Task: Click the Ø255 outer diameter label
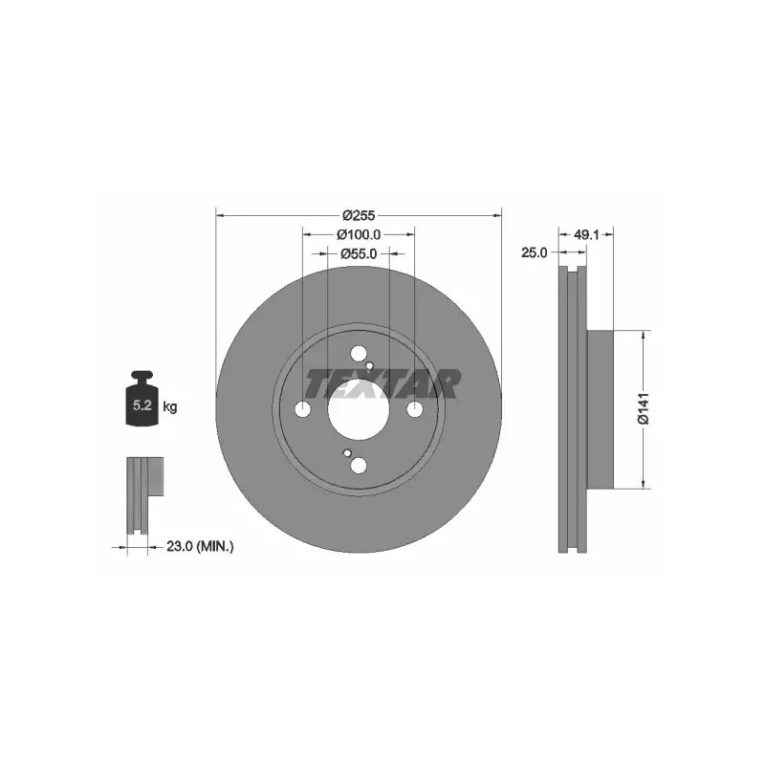pyautogui.click(x=359, y=215)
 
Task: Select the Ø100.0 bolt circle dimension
pyautogui.click(x=359, y=234)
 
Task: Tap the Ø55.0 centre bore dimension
pyautogui.click(x=359, y=253)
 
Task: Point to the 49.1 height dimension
pyautogui.click(x=586, y=234)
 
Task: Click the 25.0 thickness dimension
pyautogui.click(x=535, y=252)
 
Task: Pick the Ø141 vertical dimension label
pyautogui.click(x=644, y=408)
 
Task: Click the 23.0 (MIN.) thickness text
pyautogui.click(x=200, y=546)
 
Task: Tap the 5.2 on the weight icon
pyautogui.click(x=142, y=404)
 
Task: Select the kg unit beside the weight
pyautogui.click(x=170, y=406)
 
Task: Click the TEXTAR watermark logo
pyautogui.click(x=383, y=384)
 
